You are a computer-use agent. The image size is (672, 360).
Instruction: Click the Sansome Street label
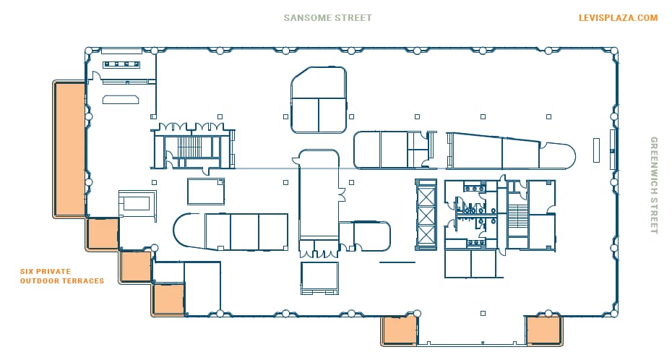(328, 18)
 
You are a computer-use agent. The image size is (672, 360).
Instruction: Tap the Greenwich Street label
(654, 185)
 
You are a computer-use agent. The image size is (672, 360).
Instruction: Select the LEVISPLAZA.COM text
(618, 18)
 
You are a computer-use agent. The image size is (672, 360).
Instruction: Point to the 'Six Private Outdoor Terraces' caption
(62, 276)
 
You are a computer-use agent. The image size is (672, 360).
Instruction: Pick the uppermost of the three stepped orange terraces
(102, 233)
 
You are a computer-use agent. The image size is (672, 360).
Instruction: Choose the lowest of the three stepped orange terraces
(168, 299)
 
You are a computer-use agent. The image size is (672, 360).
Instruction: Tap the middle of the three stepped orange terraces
(135, 266)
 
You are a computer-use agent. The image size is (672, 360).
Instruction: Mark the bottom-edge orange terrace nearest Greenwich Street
(543, 330)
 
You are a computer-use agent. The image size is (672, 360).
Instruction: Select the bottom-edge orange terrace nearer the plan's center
(400, 330)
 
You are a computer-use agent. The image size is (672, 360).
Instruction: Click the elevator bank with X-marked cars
(426, 214)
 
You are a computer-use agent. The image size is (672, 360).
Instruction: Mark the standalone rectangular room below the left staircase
(206, 192)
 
